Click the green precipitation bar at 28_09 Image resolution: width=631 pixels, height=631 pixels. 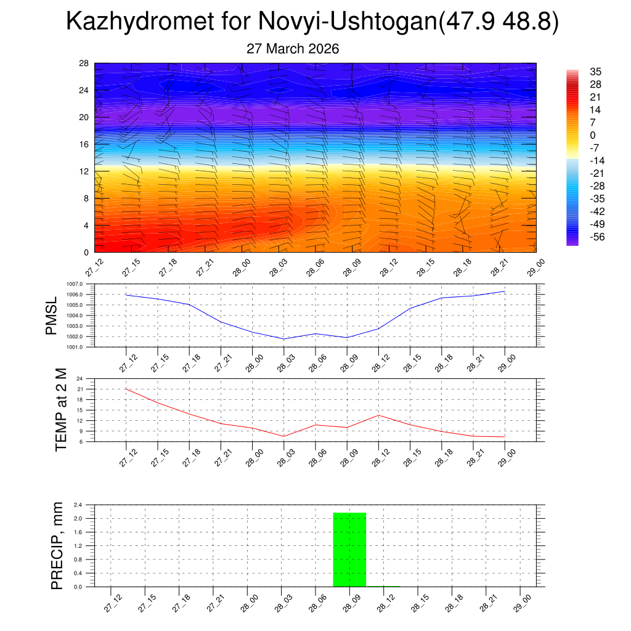[349, 550]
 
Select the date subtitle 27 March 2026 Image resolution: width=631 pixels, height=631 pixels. [293, 49]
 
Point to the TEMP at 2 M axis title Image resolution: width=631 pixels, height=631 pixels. [60, 410]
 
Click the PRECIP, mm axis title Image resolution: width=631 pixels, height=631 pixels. [57, 546]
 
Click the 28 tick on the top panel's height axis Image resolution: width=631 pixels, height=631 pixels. [84, 63]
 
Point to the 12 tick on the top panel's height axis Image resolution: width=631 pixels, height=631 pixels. [84, 171]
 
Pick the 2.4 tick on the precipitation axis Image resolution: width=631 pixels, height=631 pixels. [78, 505]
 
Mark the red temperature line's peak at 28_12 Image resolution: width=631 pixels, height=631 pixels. [378, 415]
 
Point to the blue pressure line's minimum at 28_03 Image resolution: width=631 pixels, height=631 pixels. [283, 339]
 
